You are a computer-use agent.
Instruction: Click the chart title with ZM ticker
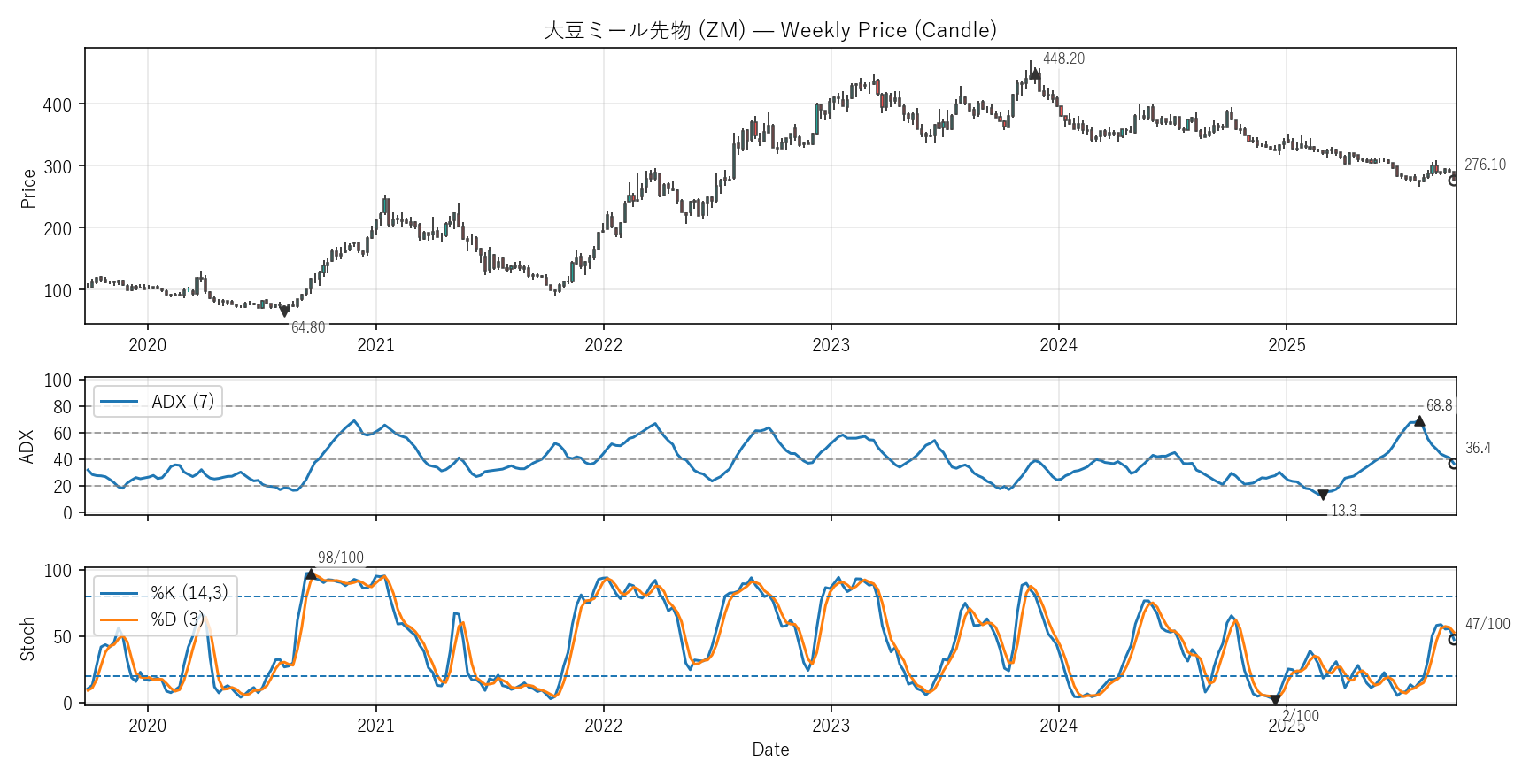click(x=770, y=30)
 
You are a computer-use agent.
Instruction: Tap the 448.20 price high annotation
click(x=1063, y=58)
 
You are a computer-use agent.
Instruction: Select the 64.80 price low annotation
click(x=308, y=327)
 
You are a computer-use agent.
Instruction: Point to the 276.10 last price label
click(x=1485, y=165)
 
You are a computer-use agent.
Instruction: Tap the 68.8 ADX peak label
click(x=1439, y=405)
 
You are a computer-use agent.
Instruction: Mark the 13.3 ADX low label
click(x=1343, y=511)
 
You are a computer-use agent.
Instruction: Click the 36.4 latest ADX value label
click(x=1478, y=448)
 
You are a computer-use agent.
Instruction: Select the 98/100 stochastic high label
click(x=341, y=558)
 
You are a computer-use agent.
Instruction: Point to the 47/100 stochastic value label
click(x=1487, y=624)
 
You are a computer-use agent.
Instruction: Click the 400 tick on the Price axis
click(x=58, y=104)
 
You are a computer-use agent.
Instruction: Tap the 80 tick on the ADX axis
click(x=62, y=407)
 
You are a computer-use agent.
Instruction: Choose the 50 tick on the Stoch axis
click(x=62, y=637)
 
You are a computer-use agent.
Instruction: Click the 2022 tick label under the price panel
click(x=603, y=345)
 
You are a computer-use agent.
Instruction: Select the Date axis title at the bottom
click(x=770, y=750)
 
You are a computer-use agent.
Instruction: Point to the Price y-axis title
click(x=28, y=188)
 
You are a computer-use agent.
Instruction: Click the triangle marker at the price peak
click(x=1035, y=74)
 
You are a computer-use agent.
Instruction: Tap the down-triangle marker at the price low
click(x=284, y=312)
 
